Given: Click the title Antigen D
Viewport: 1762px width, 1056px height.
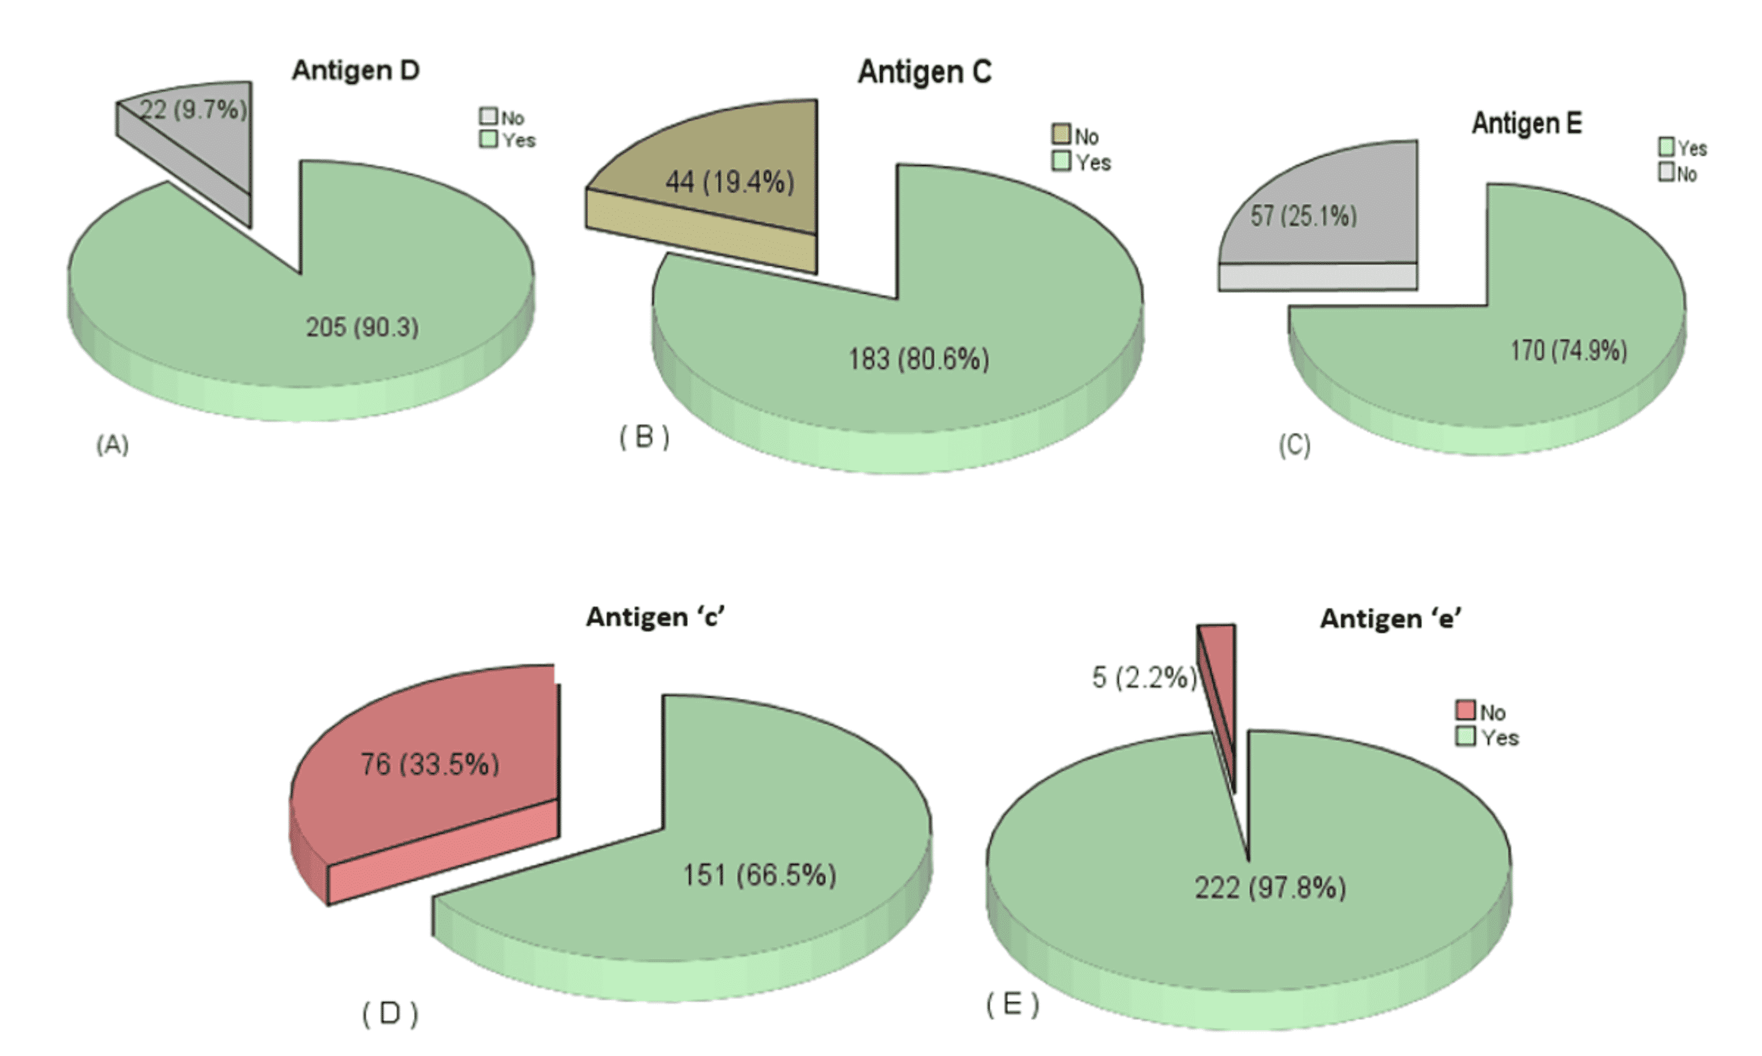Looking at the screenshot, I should coord(355,70).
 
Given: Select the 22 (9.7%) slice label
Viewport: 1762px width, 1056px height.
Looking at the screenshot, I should coord(193,110).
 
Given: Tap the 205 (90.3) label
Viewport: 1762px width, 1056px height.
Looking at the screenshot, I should coord(362,327).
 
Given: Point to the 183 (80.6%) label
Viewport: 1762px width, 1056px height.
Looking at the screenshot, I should coord(918,359).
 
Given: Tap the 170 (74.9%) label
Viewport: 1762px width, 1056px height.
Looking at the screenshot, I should coord(1568,351).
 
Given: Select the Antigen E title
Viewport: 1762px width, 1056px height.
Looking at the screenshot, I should coord(1526,124).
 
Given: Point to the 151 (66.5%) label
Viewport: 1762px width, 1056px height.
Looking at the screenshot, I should coord(759,875).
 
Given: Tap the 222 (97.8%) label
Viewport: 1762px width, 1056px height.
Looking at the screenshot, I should coord(1270,888).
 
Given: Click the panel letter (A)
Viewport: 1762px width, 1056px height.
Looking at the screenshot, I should coord(112,445).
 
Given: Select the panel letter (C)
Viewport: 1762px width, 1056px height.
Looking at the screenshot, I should coord(1294,446).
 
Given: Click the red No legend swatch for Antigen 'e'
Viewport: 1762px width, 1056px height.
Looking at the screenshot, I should coord(1465,710).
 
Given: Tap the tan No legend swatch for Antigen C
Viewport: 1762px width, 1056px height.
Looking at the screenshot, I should coord(1061,134).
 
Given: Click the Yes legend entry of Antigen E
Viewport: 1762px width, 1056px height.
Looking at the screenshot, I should coord(1684,147).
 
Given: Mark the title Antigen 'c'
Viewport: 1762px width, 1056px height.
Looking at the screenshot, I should coord(655,617).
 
